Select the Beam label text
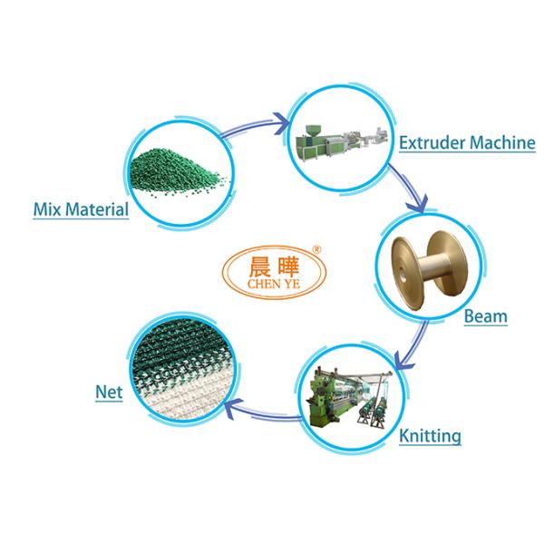click(x=485, y=317)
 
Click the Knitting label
click(x=430, y=436)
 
